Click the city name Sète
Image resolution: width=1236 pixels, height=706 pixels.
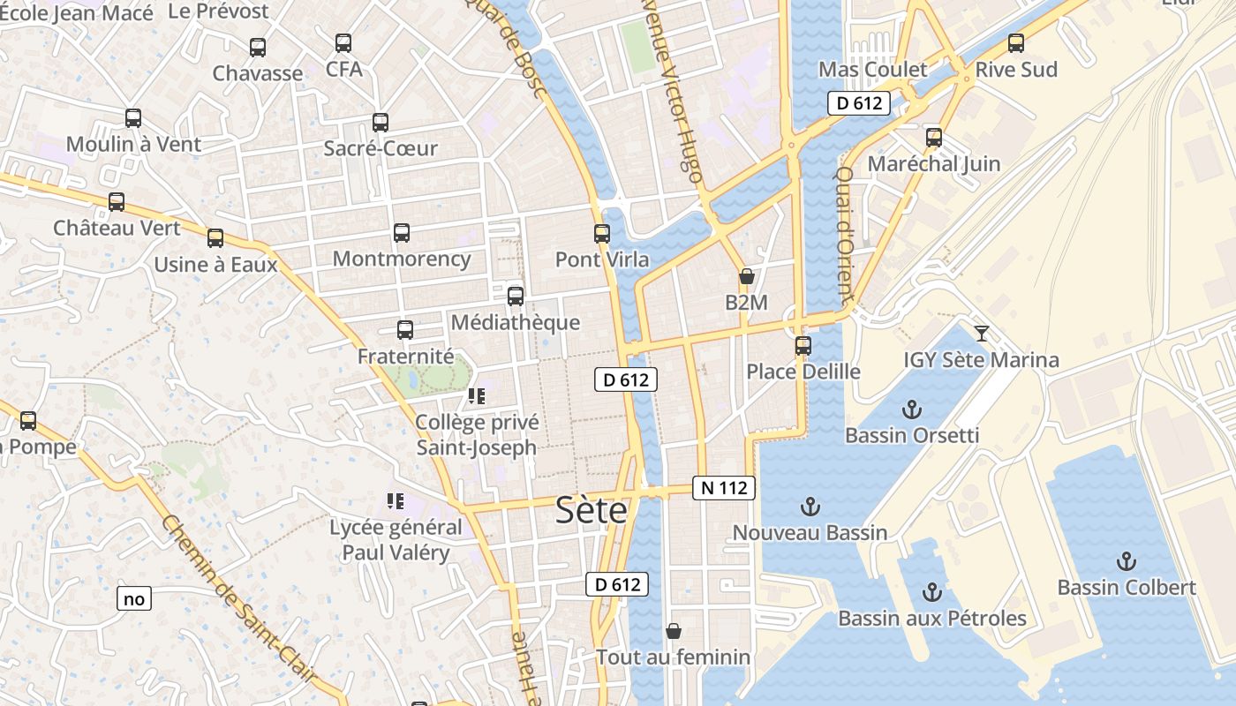click(592, 511)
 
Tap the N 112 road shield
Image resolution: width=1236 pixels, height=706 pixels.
click(724, 487)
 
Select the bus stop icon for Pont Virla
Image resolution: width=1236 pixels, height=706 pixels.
click(602, 234)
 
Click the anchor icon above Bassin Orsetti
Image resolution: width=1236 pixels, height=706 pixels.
click(912, 409)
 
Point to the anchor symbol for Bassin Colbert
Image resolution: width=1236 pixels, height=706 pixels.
click(1126, 561)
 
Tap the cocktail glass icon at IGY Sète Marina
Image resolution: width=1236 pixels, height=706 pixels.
click(981, 333)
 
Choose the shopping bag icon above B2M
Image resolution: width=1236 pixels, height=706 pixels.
click(747, 276)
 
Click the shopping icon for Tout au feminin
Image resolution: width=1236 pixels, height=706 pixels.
click(674, 631)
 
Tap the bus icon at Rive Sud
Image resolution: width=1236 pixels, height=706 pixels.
click(1016, 42)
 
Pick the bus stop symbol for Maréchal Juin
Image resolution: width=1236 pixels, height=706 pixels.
click(934, 137)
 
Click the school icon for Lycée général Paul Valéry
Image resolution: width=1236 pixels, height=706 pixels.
click(396, 501)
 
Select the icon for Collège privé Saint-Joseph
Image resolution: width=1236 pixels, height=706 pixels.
click(478, 396)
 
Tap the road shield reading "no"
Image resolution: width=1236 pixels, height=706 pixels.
click(134, 599)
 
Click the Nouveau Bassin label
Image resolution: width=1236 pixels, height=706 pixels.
click(810, 532)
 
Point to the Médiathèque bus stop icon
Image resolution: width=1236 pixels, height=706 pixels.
click(516, 297)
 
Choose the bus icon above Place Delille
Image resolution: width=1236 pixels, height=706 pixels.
click(803, 345)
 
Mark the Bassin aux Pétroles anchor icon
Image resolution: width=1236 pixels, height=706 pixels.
click(932, 592)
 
